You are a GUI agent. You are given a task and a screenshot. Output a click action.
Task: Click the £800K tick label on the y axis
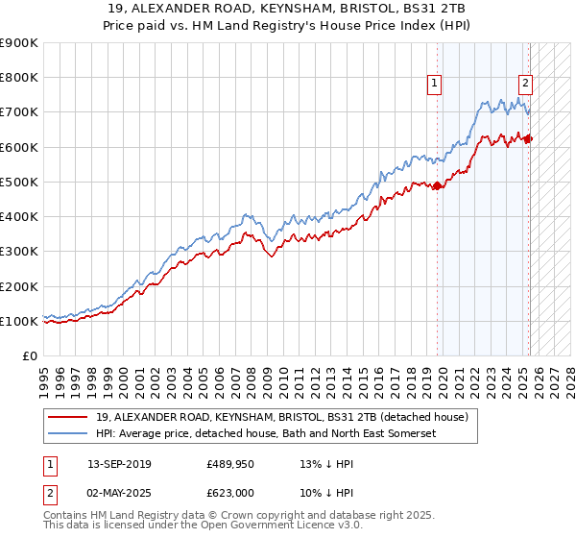point(19,78)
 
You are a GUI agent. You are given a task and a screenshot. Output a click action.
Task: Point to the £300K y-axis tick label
point(19,252)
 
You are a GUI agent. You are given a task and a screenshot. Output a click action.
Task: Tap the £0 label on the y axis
point(30,356)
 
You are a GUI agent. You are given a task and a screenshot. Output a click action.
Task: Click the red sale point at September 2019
point(438,185)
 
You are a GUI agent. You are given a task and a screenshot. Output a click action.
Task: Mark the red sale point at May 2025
point(529,139)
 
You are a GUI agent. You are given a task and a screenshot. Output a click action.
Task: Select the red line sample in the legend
point(69,417)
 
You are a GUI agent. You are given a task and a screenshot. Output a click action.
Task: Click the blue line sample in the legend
point(69,435)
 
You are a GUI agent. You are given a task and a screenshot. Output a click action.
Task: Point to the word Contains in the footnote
point(67,515)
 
